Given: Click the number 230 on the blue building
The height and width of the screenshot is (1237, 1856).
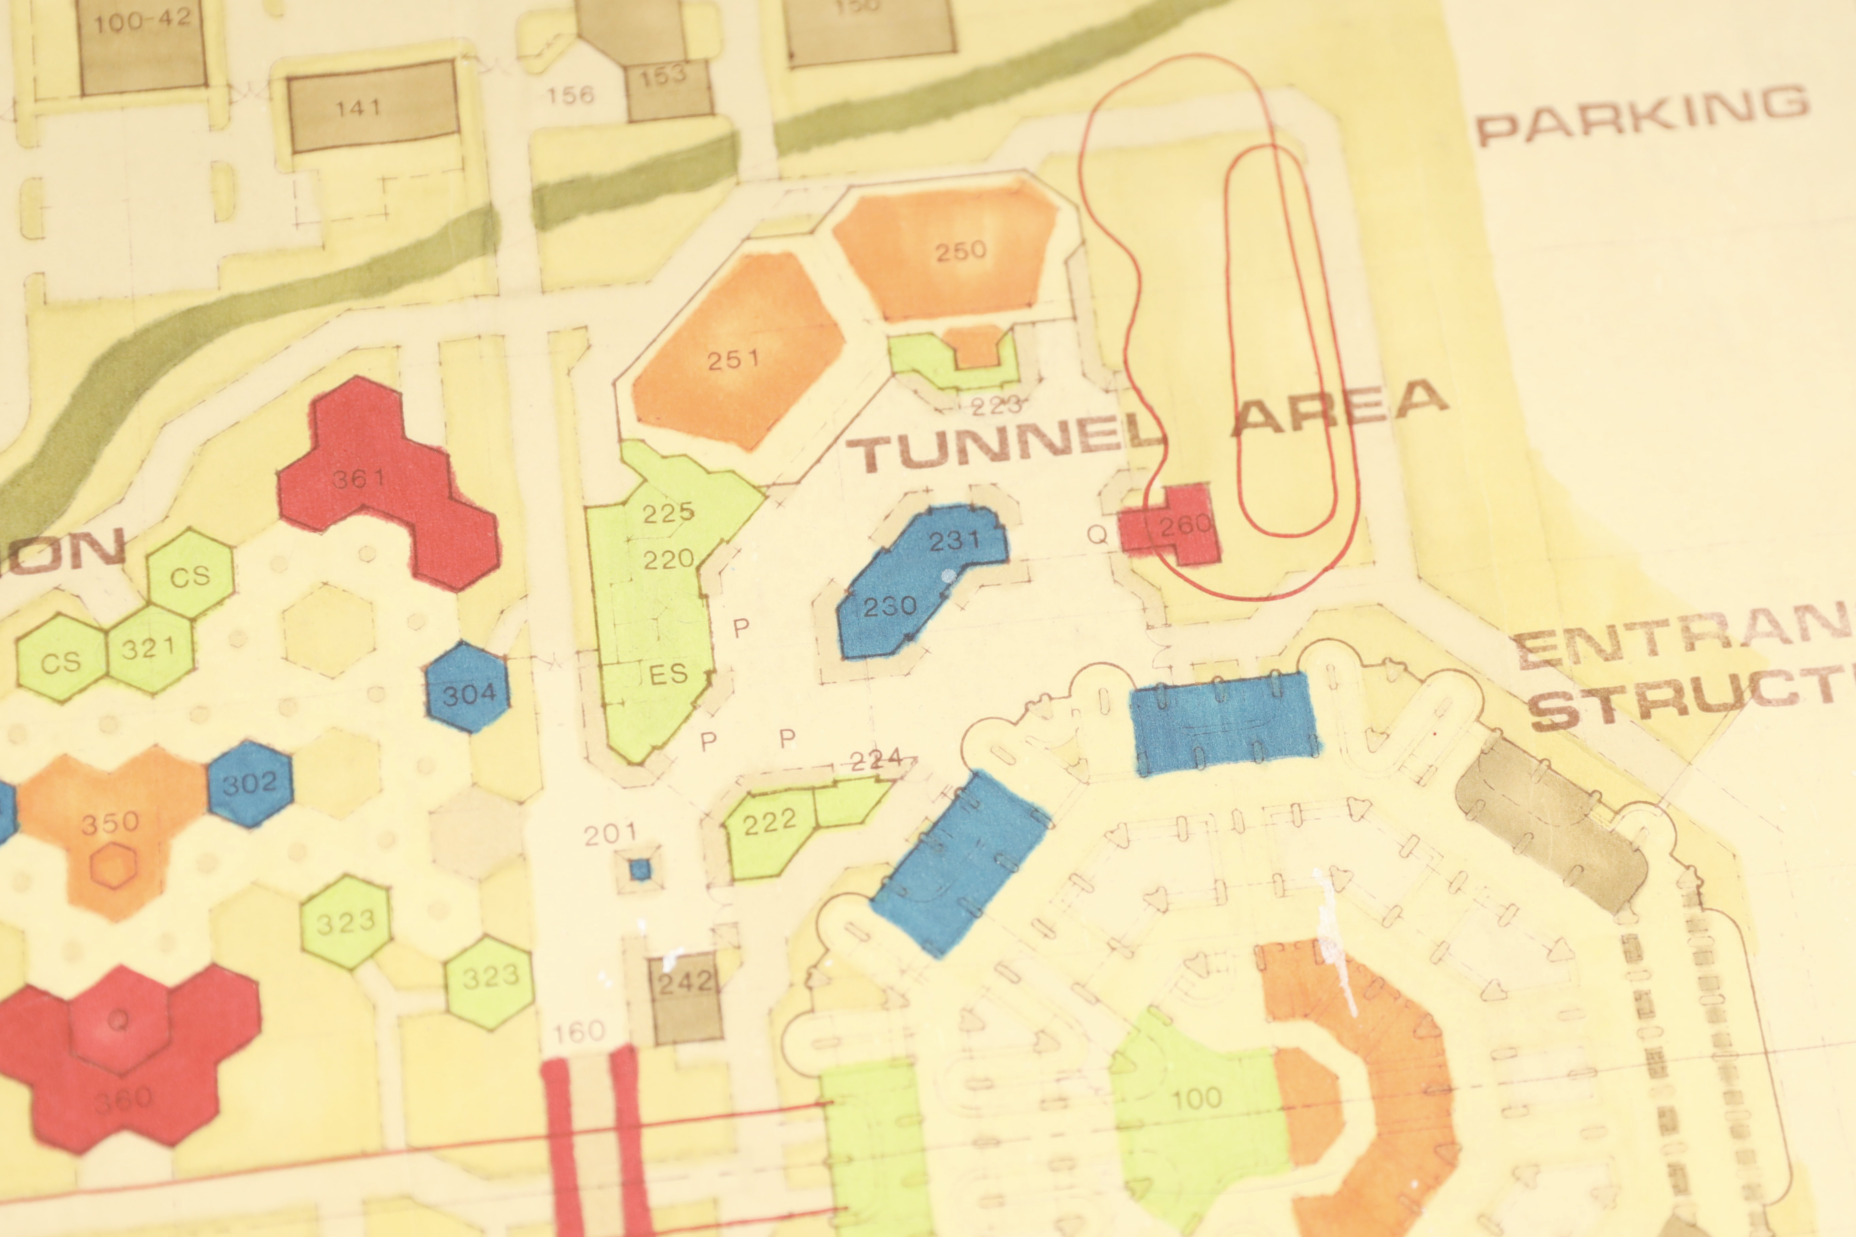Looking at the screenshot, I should [890, 606].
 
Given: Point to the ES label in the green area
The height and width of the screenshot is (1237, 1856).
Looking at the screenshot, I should [668, 674].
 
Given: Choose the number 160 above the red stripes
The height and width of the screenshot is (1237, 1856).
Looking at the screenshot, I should [578, 1031].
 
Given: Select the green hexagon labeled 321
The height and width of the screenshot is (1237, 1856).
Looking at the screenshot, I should [148, 649].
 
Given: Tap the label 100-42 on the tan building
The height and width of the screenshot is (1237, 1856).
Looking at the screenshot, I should [142, 21].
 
